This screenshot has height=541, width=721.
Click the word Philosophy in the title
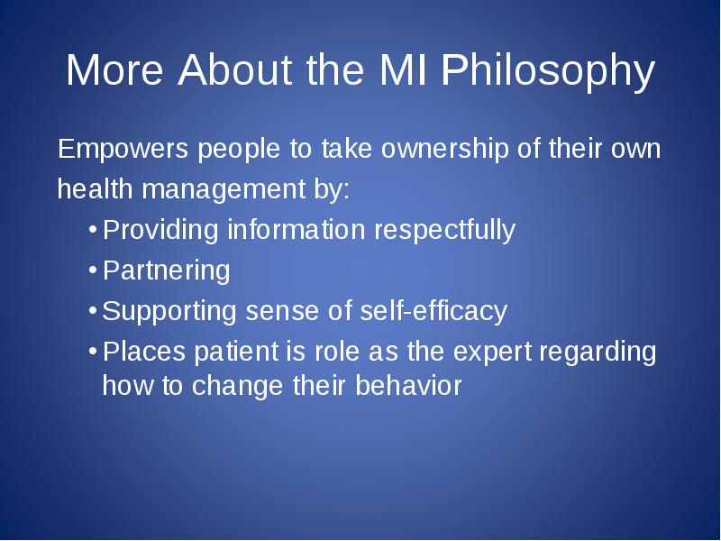tap(548, 70)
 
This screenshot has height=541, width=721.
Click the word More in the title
tap(114, 69)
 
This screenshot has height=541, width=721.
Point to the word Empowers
tap(123, 149)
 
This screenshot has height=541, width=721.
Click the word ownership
tap(445, 149)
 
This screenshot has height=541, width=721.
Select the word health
tap(96, 188)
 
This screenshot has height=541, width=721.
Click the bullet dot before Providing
tap(93, 229)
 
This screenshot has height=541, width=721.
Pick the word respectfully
tap(444, 230)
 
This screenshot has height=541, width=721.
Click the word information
tap(297, 229)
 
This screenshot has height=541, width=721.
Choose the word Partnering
tap(166, 270)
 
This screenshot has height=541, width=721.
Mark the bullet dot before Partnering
tap(93, 270)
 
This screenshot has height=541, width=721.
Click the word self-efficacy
tap(434, 311)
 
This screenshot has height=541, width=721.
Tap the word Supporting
tap(169, 311)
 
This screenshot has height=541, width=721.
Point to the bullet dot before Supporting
tap(93, 310)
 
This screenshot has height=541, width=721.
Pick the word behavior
tap(408, 385)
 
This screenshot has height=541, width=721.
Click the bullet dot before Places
tap(93, 352)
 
